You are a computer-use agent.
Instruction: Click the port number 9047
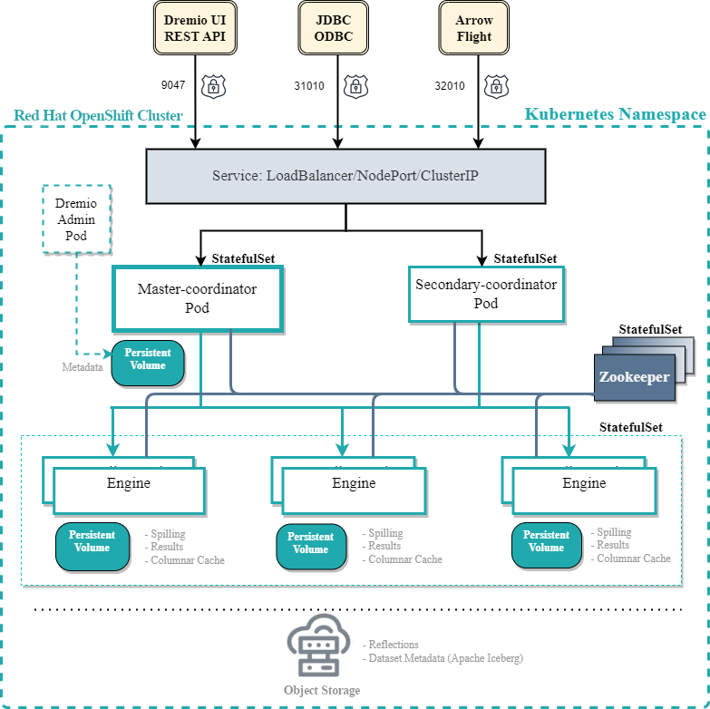tap(173, 85)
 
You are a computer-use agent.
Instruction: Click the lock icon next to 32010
tap(495, 86)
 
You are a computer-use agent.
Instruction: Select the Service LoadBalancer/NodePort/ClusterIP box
tap(345, 175)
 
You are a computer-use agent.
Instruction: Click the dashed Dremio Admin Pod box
tap(77, 219)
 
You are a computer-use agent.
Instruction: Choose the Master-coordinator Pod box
tap(198, 298)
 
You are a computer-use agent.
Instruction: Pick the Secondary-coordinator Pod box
tap(486, 294)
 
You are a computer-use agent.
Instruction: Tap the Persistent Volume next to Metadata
tap(148, 362)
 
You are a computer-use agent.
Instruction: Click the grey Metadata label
tap(82, 367)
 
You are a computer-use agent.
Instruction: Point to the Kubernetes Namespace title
tap(616, 114)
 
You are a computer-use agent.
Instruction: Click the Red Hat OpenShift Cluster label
tap(98, 116)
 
